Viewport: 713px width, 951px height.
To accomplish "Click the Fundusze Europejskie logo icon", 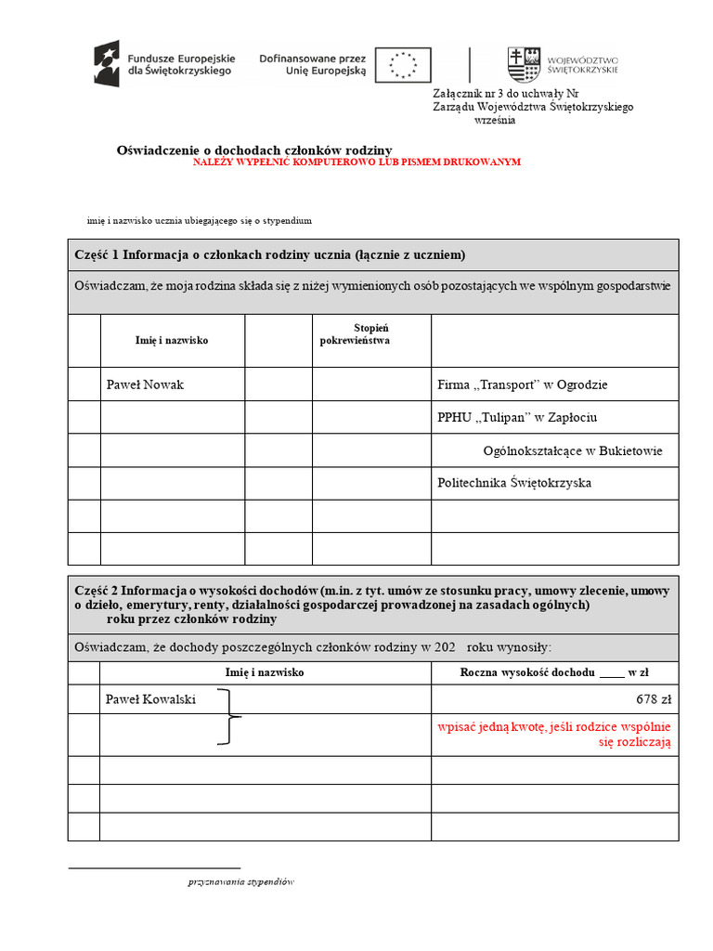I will pos(106,63).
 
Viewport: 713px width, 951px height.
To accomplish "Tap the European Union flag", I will pos(403,64).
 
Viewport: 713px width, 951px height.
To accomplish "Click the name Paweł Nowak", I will pos(145,384).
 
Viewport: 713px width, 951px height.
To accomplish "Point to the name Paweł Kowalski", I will pos(151,699).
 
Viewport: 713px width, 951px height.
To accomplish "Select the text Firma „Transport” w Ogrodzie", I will pos(522,384).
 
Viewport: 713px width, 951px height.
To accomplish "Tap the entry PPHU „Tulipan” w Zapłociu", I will pos(524,418).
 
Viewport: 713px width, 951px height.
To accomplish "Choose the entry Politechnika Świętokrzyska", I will pos(514,483).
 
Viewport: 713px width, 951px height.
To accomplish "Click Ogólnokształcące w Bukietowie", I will pos(573,451).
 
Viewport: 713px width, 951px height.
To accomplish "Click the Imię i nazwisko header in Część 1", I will pos(172,341).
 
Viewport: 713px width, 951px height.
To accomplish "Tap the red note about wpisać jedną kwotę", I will pos(554,735).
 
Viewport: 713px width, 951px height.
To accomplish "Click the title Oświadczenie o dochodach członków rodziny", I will pos(254,150).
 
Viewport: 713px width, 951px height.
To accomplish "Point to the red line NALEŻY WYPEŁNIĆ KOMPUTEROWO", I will pos(357,162).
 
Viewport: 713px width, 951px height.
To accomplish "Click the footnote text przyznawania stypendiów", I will pos(240,882).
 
